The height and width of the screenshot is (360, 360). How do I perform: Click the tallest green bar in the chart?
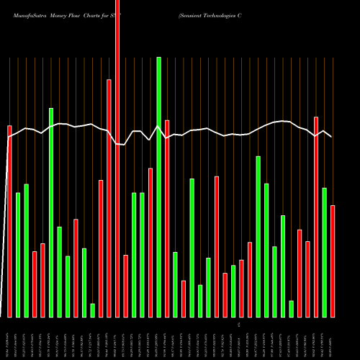coord(158,187)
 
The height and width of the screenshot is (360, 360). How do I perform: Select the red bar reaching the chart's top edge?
coord(117,158)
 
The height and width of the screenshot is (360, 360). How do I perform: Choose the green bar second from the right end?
coord(325,252)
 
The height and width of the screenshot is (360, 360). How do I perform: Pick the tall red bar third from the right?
coord(316,216)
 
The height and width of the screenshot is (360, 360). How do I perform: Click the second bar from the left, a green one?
coord(18,255)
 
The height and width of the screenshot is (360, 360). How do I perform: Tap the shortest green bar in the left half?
coord(93,310)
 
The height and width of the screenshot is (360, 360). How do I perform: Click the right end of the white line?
coord(331,136)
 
